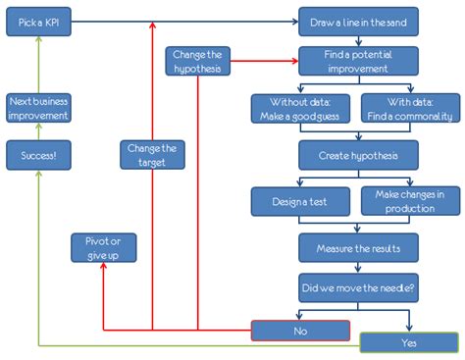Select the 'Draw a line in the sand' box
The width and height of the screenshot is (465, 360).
[x=358, y=21]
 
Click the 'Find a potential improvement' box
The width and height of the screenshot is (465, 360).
[x=358, y=61]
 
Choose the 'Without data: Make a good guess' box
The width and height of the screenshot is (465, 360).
[x=301, y=108]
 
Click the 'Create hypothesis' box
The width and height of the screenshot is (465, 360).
[x=358, y=154]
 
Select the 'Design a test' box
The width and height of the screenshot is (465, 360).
[x=301, y=201]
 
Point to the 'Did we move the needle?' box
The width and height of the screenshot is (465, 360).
[x=358, y=287]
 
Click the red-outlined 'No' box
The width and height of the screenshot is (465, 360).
[x=299, y=331]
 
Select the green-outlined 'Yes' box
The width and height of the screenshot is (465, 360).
[x=408, y=343]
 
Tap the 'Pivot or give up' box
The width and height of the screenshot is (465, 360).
[x=104, y=247]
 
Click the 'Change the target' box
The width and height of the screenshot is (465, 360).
[x=152, y=154]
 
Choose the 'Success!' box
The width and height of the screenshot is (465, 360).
[x=38, y=154]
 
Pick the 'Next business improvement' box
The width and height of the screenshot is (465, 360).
[x=38, y=108]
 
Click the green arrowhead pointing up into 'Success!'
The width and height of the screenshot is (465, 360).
[x=38, y=175]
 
